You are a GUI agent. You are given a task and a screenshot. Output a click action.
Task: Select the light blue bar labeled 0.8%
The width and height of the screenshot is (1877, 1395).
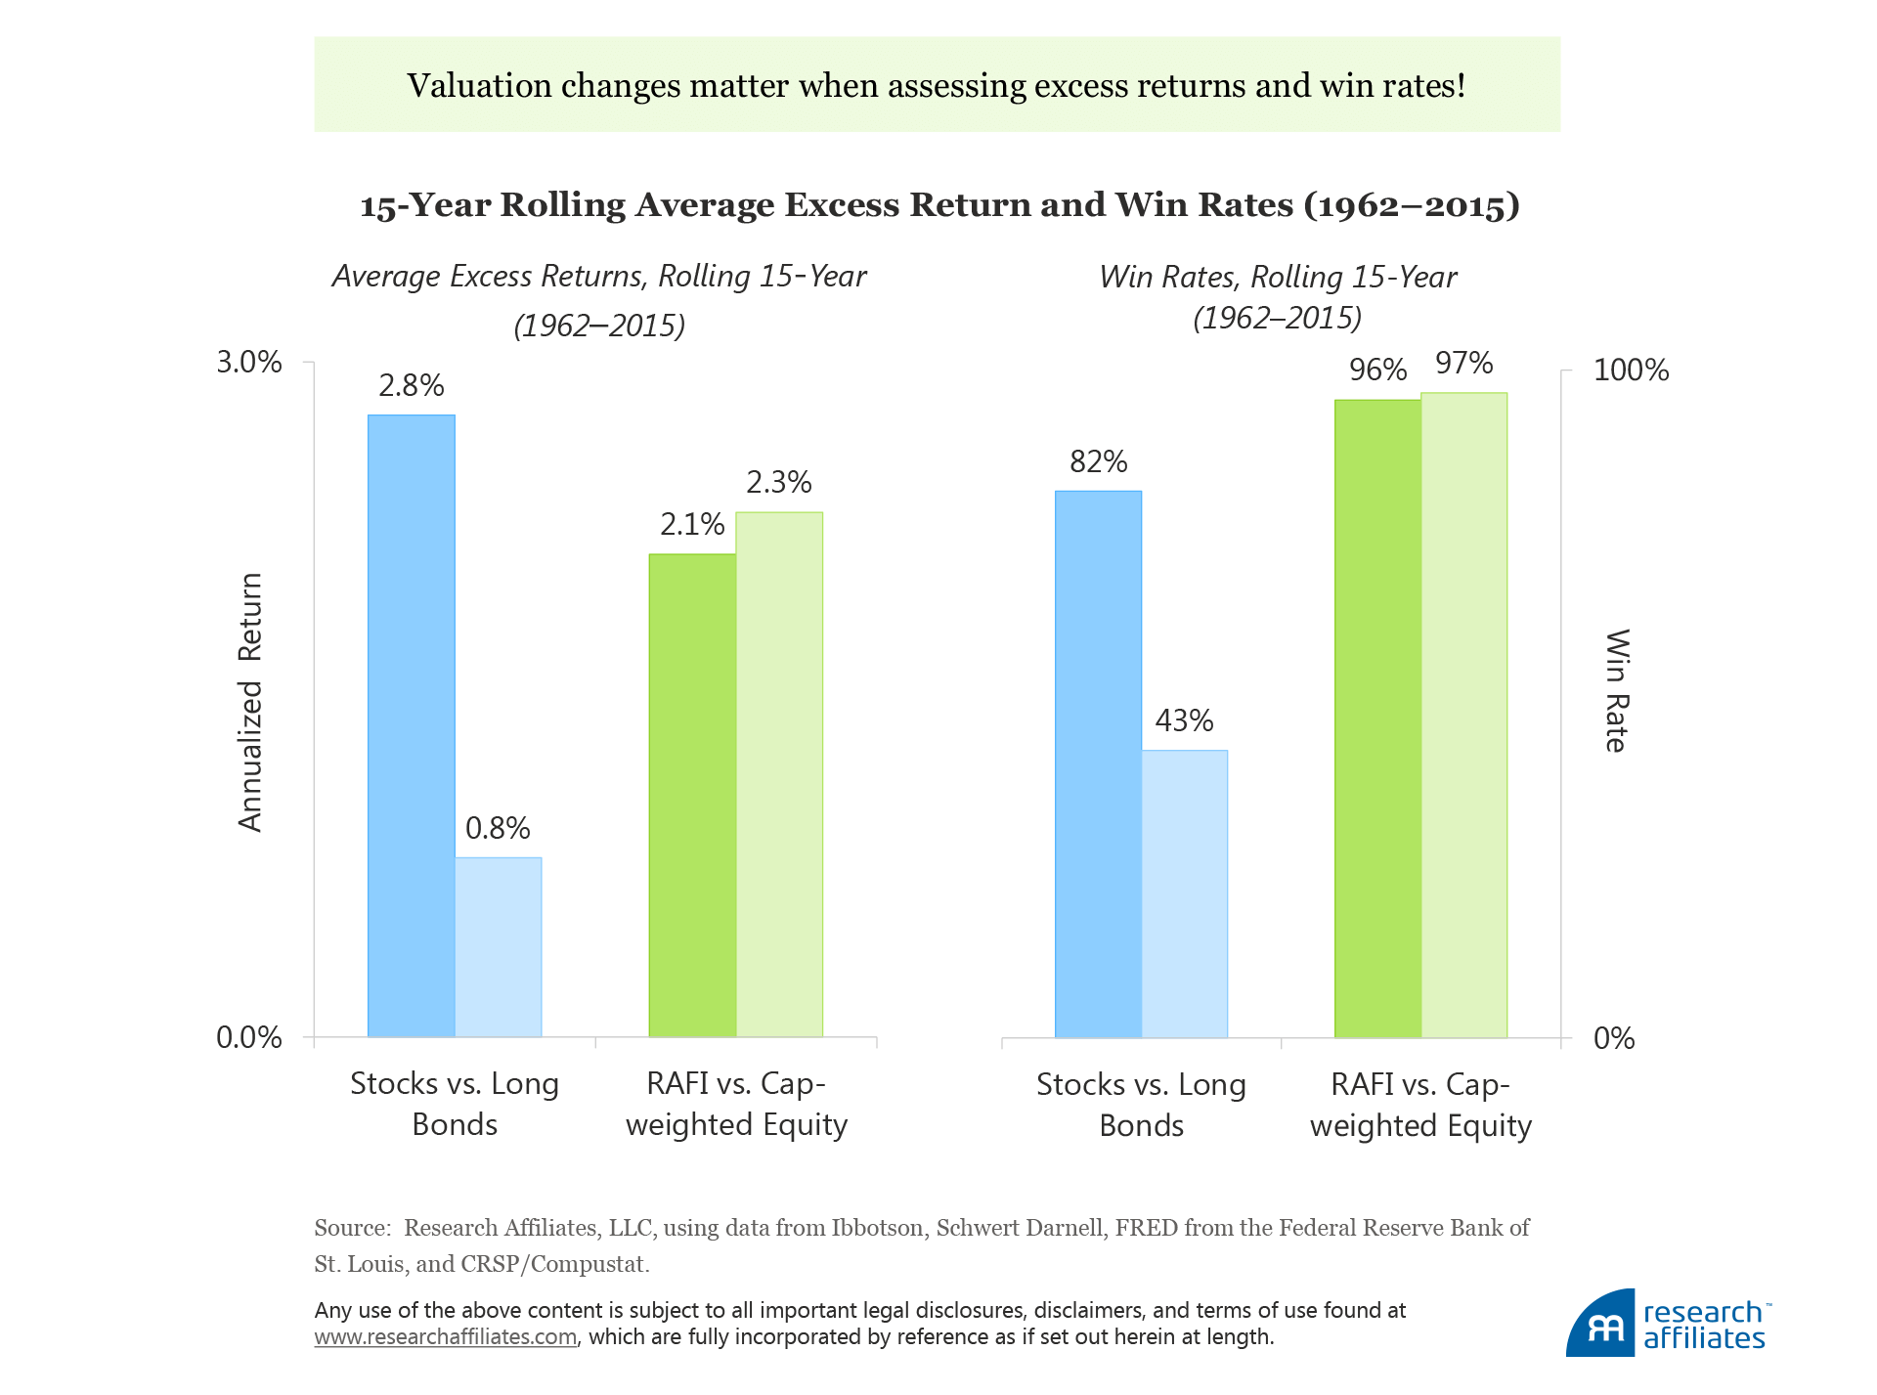click(498, 946)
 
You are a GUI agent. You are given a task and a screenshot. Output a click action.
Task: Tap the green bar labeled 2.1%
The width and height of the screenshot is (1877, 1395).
click(692, 795)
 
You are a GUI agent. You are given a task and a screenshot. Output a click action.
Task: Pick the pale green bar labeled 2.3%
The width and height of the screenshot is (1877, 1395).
click(779, 773)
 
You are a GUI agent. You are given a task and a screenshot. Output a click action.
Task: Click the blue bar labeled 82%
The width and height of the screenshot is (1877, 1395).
click(1098, 763)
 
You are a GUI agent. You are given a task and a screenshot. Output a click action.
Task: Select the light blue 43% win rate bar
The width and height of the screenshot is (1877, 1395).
click(1184, 894)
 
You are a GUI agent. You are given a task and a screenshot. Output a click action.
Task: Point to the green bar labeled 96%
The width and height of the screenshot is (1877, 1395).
click(1377, 719)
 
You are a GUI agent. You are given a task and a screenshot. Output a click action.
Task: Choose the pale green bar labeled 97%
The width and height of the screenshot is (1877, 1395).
click(1463, 715)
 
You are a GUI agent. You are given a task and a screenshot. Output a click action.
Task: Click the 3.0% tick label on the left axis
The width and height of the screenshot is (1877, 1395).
click(248, 363)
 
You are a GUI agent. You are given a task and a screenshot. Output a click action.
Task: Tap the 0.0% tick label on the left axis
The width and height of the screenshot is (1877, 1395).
click(248, 1037)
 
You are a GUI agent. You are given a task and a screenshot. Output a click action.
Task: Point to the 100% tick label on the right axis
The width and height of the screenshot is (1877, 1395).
click(1631, 371)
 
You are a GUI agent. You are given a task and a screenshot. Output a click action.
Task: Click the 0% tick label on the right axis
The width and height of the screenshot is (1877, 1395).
click(1614, 1038)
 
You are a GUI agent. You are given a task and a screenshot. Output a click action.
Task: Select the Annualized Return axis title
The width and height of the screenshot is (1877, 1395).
click(250, 703)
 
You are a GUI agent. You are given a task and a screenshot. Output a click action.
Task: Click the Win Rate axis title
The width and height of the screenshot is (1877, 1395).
click(1617, 690)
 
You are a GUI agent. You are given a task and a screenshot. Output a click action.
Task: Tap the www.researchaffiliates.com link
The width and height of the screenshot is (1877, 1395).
click(445, 1337)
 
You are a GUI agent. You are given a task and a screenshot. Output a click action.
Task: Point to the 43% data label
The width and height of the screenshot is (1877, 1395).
click(1184, 720)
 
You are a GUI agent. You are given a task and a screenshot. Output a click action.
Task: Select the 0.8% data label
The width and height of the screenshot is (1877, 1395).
click(498, 828)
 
